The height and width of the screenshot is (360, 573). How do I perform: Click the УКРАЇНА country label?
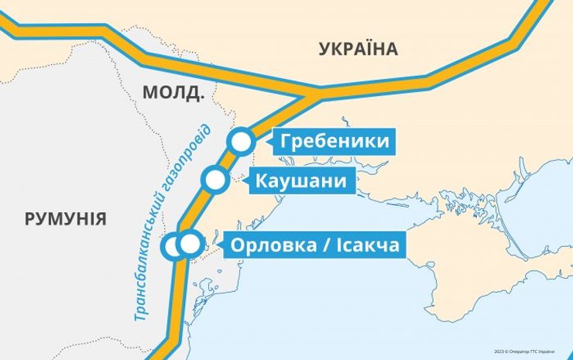pyautogui.click(x=358, y=50)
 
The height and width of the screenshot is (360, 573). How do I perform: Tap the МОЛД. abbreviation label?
pyautogui.click(x=173, y=94)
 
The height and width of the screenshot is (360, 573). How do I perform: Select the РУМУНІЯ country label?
pyautogui.click(x=65, y=218)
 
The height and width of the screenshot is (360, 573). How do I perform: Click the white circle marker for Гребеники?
pyautogui.click(x=241, y=142)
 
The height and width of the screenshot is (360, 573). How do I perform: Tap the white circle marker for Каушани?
pyautogui.click(x=214, y=181)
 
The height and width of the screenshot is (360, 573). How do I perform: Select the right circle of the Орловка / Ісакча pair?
pyautogui.click(x=189, y=245)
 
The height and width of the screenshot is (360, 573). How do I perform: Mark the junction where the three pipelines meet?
pyautogui.click(x=314, y=94)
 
